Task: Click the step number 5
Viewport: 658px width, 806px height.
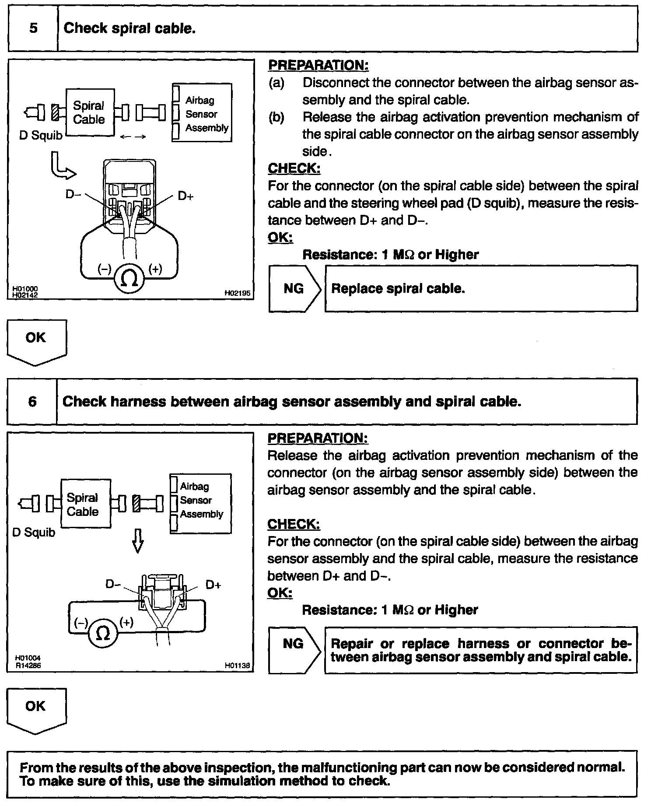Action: click(x=33, y=29)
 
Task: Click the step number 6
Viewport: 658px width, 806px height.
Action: click(x=32, y=402)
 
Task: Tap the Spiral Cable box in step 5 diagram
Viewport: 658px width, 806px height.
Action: click(x=90, y=112)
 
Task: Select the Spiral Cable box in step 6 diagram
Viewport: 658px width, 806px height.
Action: click(x=83, y=504)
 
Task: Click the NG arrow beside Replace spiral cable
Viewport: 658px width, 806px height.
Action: click(x=294, y=289)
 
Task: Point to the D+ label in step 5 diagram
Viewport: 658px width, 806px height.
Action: click(x=185, y=196)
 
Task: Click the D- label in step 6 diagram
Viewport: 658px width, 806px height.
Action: click(x=113, y=584)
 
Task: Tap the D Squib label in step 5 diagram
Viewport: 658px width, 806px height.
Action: click(x=41, y=136)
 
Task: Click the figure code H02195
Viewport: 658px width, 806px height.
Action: click(x=237, y=293)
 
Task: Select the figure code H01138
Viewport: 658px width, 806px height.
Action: click(x=237, y=666)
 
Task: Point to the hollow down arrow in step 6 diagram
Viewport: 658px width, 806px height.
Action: click(x=138, y=540)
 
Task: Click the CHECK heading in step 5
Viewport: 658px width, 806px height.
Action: click(x=294, y=168)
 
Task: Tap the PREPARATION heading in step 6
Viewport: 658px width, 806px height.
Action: click(x=318, y=438)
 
